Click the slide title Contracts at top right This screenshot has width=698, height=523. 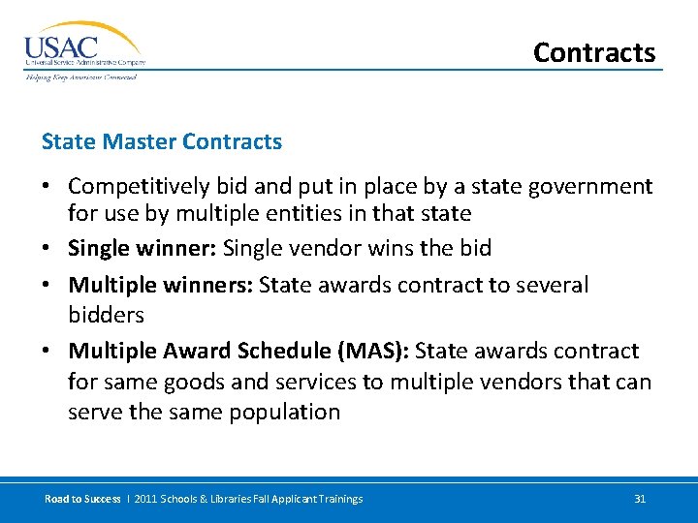pos(593,52)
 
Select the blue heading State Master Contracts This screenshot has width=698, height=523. pos(161,141)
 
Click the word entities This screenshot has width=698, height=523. pos(325,213)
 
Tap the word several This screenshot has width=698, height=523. pos(551,285)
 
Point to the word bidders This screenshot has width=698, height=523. pos(106,315)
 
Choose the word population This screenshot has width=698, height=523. pos(285,412)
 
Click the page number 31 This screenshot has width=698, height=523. pos(639,499)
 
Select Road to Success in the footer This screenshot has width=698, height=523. pos(82,499)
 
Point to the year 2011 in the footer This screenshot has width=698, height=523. pos(143,499)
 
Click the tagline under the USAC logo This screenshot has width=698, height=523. pos(81,77)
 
